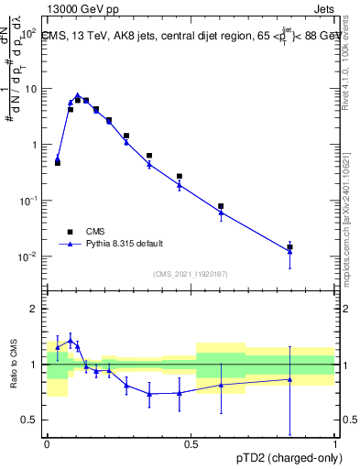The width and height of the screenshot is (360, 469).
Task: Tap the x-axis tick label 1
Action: point(335,443)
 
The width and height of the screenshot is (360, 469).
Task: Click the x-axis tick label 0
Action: point(46,443)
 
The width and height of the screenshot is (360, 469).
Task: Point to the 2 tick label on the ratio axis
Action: point(35,309)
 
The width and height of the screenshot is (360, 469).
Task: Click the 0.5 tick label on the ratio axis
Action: point(29,420)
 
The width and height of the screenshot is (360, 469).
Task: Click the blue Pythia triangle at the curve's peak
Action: point(78,95)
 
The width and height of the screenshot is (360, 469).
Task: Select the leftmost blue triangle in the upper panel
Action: point(58,158)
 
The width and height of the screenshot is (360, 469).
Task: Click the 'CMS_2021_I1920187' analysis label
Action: point(190,273)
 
